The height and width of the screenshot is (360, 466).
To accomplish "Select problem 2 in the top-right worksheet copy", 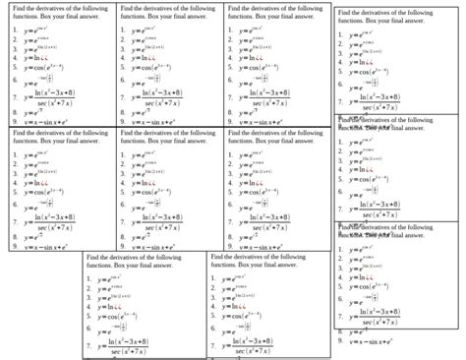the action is (x=364, y=46).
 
